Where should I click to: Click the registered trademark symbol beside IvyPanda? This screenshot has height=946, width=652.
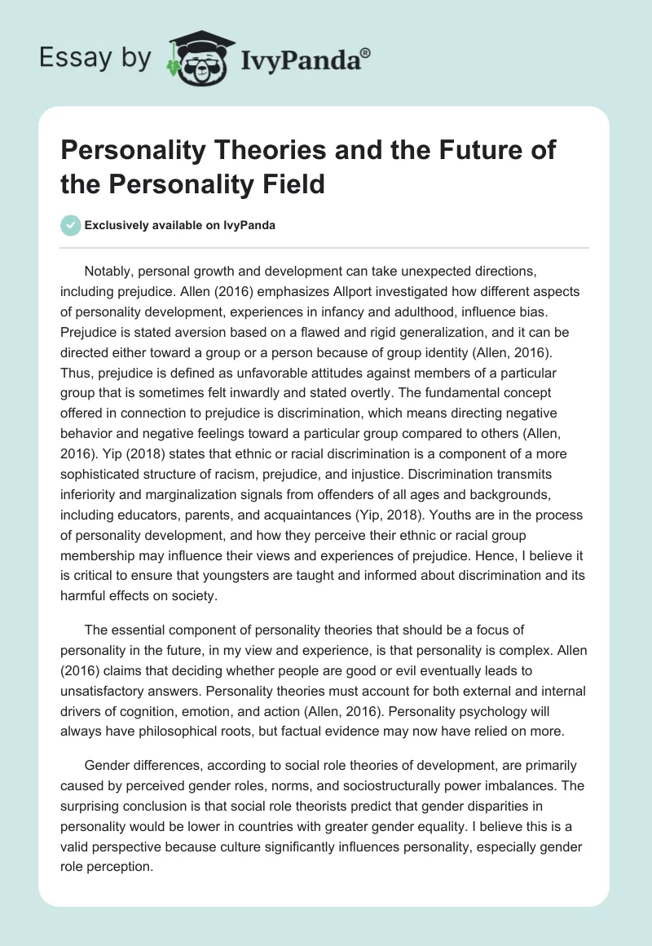(x=365, y=53)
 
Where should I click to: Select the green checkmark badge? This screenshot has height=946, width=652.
(x=70, y=225)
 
